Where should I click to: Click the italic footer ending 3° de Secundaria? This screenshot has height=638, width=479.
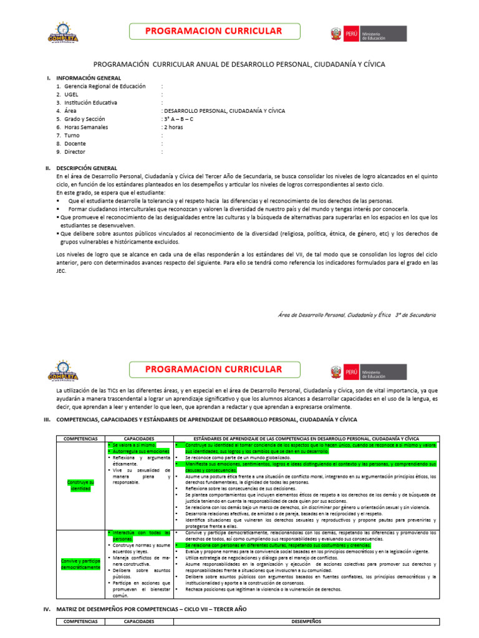click(x=357, y=315)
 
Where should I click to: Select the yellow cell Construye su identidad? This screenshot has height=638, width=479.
click(x=80, y=485)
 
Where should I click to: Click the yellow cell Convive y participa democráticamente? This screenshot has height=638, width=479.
click(x=80, y=564)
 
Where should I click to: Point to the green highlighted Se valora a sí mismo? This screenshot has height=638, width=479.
click(x=130, y=445)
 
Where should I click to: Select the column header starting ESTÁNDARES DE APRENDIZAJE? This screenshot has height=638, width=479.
click(x=306, y=438)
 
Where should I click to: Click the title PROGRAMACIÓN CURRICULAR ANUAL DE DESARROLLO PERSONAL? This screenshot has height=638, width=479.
click(x=239, y=64)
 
